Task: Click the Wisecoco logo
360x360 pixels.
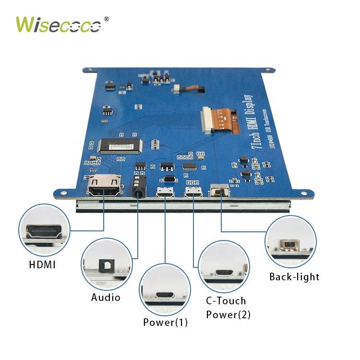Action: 59,24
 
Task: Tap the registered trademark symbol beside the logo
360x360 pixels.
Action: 106,19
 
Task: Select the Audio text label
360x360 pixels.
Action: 106,298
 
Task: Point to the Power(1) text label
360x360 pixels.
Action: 165,322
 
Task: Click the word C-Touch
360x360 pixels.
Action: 226,301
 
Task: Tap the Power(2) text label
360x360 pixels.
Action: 228,315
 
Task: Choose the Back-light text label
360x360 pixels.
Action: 294,277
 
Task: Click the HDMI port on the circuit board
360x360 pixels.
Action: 104,187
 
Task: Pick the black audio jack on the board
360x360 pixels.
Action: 139,185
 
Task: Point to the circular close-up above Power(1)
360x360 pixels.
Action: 165,290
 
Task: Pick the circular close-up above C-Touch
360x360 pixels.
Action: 224,267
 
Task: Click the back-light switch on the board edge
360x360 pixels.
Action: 220,192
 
